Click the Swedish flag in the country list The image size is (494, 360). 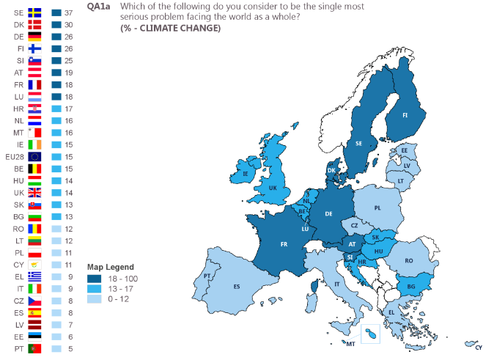(34, 13)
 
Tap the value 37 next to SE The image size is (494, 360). (68, 13)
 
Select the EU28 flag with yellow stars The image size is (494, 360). (34, 156)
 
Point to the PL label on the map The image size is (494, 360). (377, 207)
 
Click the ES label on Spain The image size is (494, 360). (237, 286)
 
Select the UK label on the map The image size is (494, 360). (273, 188)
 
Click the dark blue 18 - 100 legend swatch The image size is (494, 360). (93, 279)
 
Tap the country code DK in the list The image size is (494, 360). (18, 25)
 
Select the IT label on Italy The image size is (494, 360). (337, 284)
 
